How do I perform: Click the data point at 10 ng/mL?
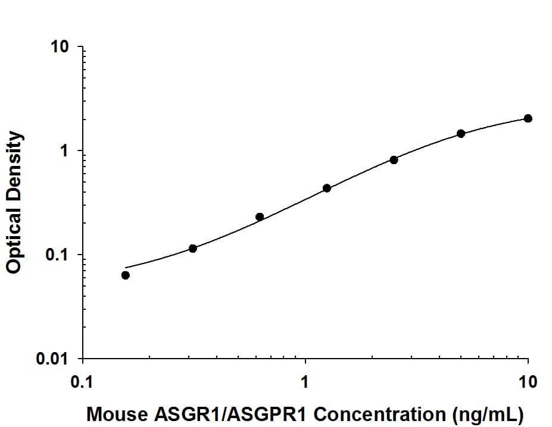[528, 118]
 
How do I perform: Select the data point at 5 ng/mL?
[461, 133]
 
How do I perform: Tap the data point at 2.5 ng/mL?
[394, 159]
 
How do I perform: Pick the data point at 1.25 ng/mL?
[326, 188]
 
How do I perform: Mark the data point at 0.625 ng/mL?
[260, 216]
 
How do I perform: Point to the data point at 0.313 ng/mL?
[192, 248]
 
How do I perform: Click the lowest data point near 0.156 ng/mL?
[125, 275]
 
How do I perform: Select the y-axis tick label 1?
[66, 151]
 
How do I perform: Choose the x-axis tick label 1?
[305, 381]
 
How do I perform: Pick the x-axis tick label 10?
[528, 381]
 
